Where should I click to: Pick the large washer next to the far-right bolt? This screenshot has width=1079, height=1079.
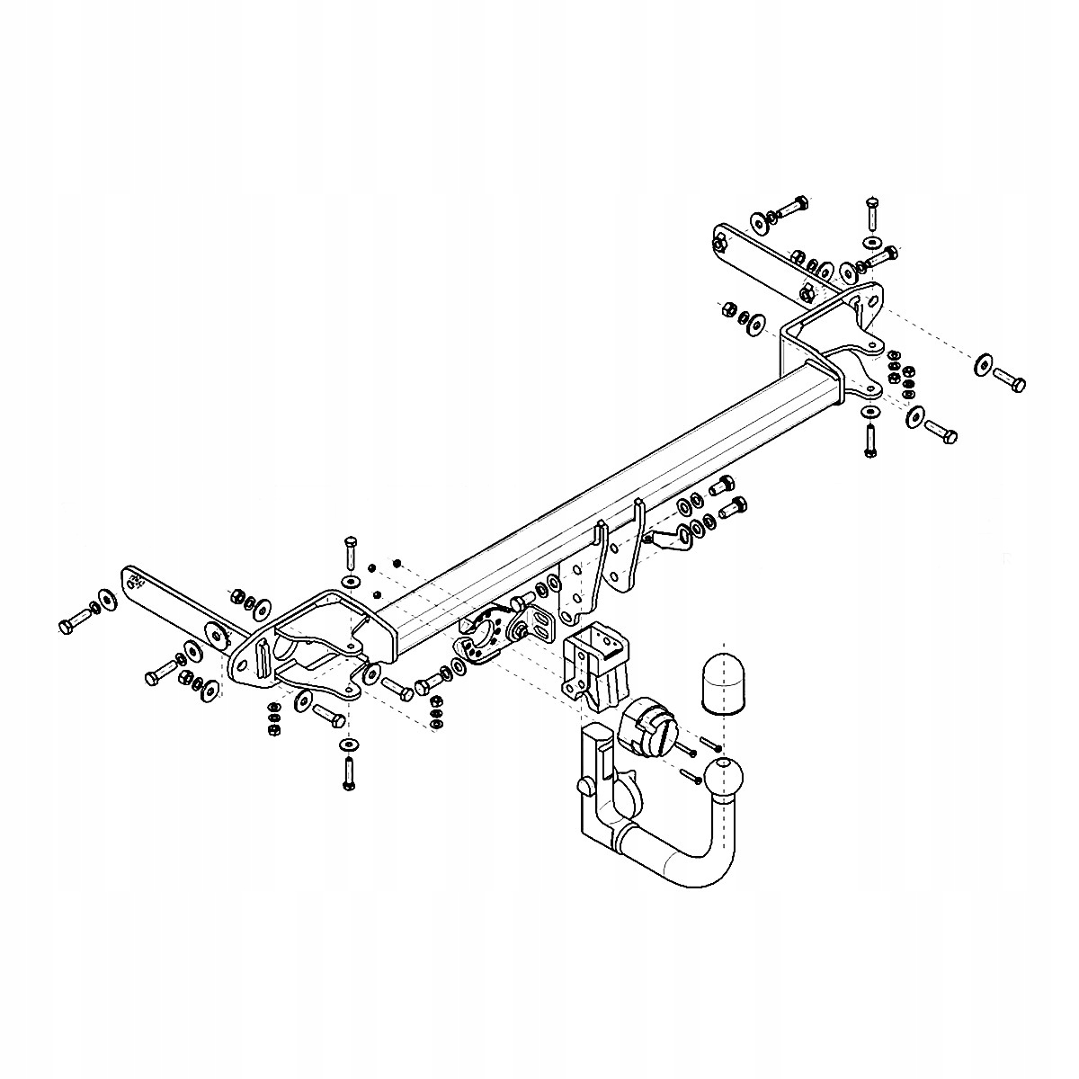coord(982,364)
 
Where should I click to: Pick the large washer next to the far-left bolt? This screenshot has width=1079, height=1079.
coord(107,600)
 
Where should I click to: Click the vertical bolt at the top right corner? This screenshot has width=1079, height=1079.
coord(871,214)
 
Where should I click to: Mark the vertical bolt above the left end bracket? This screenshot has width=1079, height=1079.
coord(350,551)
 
